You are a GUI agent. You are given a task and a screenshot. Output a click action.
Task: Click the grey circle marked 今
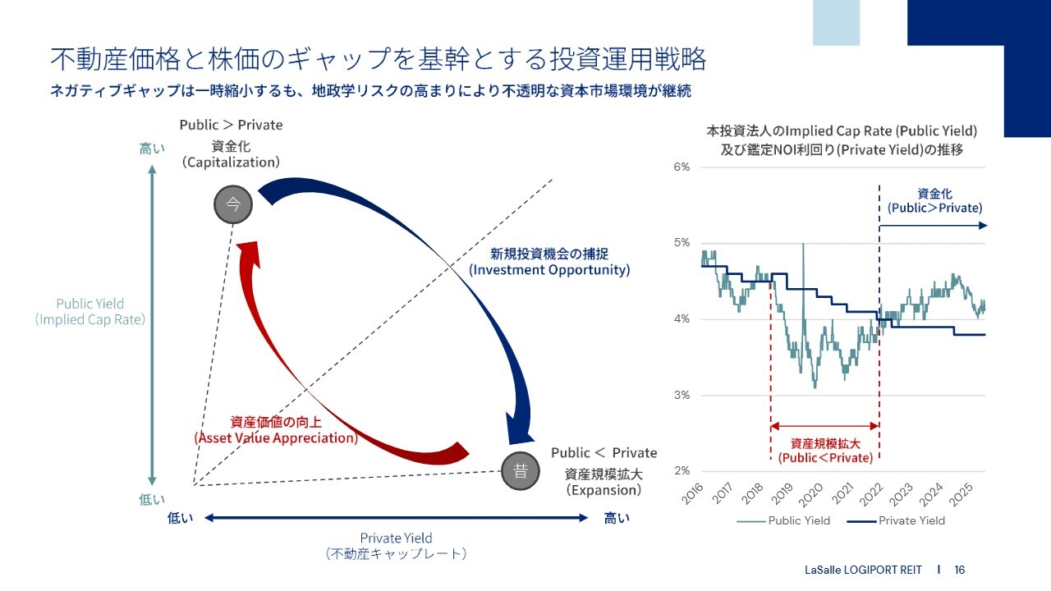[x=232, y=204]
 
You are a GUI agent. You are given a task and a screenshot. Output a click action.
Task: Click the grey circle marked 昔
[x=520, y=471]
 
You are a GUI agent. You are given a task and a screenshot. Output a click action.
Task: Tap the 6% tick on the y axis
[x=682, y=167]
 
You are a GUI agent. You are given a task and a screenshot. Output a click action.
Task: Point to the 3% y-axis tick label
[x=682, y=395]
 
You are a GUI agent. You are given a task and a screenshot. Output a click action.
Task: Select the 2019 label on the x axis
[x=782, y=494]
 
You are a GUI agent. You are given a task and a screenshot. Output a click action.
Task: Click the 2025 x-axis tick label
[x=961, y=494]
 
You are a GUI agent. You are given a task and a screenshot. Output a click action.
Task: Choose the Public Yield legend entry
[x=783, y=520]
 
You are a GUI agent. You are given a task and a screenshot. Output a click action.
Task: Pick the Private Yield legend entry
[x=896, y=520]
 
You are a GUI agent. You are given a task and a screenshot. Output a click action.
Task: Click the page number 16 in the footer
[x=960, y=570]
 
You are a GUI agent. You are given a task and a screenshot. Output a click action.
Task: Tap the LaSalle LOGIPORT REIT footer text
[x=863, y=570]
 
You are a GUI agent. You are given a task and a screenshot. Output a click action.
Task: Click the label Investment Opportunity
[x=549, y=270]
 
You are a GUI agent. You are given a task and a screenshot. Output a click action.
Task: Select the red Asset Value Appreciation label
[x=276, y=438]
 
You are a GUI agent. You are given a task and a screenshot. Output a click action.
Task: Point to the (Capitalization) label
[x=231, y=163]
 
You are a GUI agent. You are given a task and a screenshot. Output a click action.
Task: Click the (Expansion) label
[x=604, y=490]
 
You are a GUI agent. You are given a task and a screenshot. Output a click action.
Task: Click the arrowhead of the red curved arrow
[x=248, y=254]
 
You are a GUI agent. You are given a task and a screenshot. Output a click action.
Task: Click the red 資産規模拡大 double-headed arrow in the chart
[x=825, y=426]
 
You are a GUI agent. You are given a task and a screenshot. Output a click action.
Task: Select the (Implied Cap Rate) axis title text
[x=90, y=319]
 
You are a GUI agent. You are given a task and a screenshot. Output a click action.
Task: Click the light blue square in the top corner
[x=836, y=22]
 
